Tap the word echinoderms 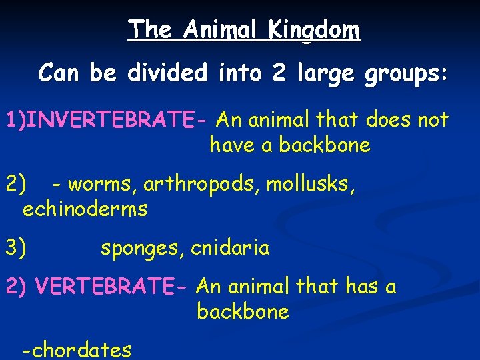85,209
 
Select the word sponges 142,249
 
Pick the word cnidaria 230,249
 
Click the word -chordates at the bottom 77,349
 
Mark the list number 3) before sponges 16,249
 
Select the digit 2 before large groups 279,73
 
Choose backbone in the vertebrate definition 243,312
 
